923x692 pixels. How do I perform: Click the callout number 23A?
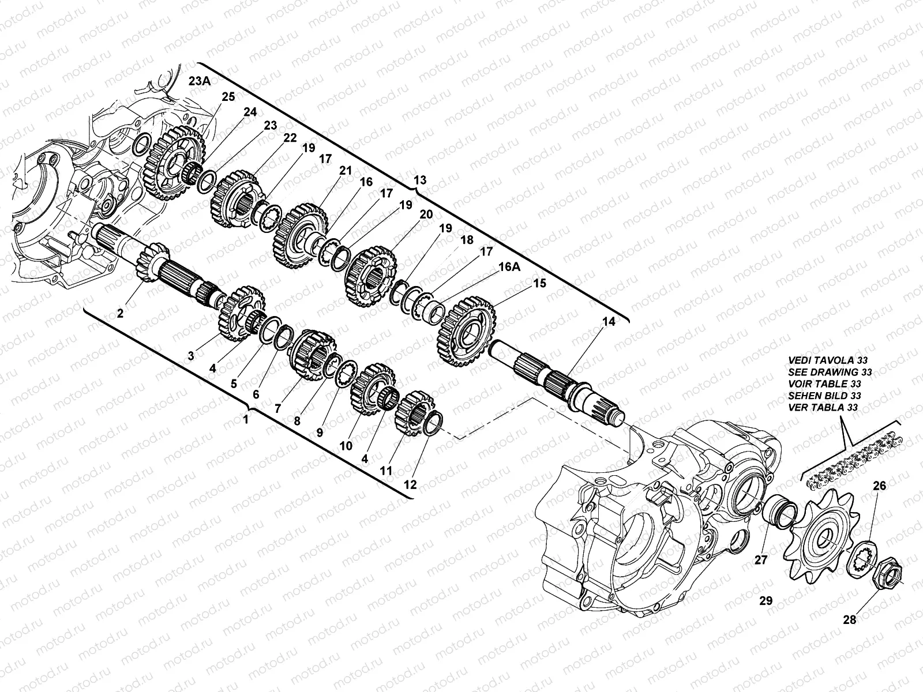click(x=200, y=81)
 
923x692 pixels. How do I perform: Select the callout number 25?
click(x=228, y=97)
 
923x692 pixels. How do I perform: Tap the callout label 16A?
click(x=509, y=267)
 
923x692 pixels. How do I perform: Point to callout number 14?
click(x=609, y=321)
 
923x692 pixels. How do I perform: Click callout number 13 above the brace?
click(x=420, y=180)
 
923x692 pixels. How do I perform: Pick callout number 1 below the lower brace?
click(x=246, y=419)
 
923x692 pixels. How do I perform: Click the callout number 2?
click(x=120, y=313)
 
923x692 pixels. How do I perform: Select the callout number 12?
click(x=410, y=484)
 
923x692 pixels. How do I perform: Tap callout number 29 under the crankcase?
click(x=766, y=601)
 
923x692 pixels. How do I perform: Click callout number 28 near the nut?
click(x=849, y=620)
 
